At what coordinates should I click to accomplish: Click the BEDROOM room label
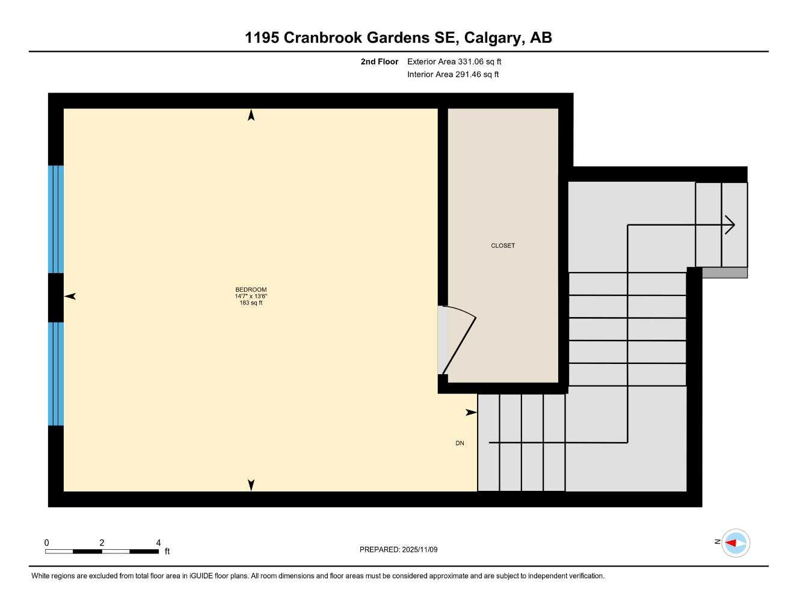(x=251, y=289)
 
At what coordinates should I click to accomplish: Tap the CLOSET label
(x=503, y=245)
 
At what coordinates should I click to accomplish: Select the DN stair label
(x=460, y=443)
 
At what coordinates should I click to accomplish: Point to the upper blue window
(x=56, y=219)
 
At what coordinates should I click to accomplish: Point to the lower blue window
(x=56, y=374)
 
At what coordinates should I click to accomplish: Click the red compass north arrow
(x=731, y=543)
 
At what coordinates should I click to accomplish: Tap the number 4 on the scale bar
(x=158, y=543)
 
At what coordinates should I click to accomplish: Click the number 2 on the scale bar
(x=102, y=543)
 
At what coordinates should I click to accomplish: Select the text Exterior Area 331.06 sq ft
(x=454, y=61)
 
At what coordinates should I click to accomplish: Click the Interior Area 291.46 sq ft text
(x=453, y=75)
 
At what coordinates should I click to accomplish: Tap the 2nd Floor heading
(x=380, y=61)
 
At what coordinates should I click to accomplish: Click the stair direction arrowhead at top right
(x=730, y=225)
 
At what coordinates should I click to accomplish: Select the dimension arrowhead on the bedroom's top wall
(x=251, y=115)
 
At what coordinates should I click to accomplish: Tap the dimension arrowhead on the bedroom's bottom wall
(x=251, y=485)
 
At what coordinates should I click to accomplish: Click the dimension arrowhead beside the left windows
(x=70, y=296)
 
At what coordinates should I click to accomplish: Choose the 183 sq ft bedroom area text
(x=251, y=303)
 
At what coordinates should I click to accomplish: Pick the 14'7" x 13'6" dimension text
(x=251, y=296)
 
